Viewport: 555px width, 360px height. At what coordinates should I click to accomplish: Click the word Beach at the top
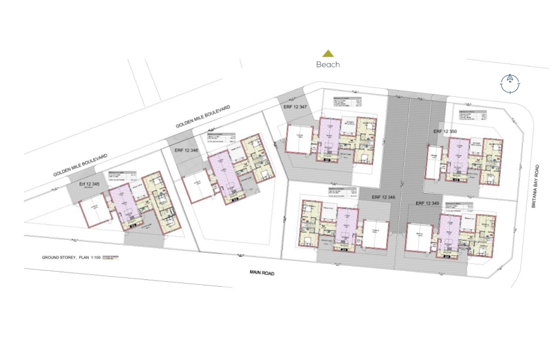tap(328, 64)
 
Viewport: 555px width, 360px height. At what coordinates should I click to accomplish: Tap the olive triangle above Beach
tap(328, 54)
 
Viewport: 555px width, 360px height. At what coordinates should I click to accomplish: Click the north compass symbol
tap(510, 83)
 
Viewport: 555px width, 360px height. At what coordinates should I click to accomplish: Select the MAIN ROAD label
tap(262, 272)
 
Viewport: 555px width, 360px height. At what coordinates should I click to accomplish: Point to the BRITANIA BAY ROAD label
tap(536, 186)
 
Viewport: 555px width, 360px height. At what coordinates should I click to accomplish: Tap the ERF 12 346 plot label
tap(186, 150)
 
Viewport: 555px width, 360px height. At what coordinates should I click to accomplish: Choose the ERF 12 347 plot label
tap(295, 107)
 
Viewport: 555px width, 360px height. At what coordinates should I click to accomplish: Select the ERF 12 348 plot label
tap(383, 197)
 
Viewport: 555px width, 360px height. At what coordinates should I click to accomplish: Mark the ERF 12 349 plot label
tap(427, 203)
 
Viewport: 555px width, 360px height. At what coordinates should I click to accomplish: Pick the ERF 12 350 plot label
tap(445, 131)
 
